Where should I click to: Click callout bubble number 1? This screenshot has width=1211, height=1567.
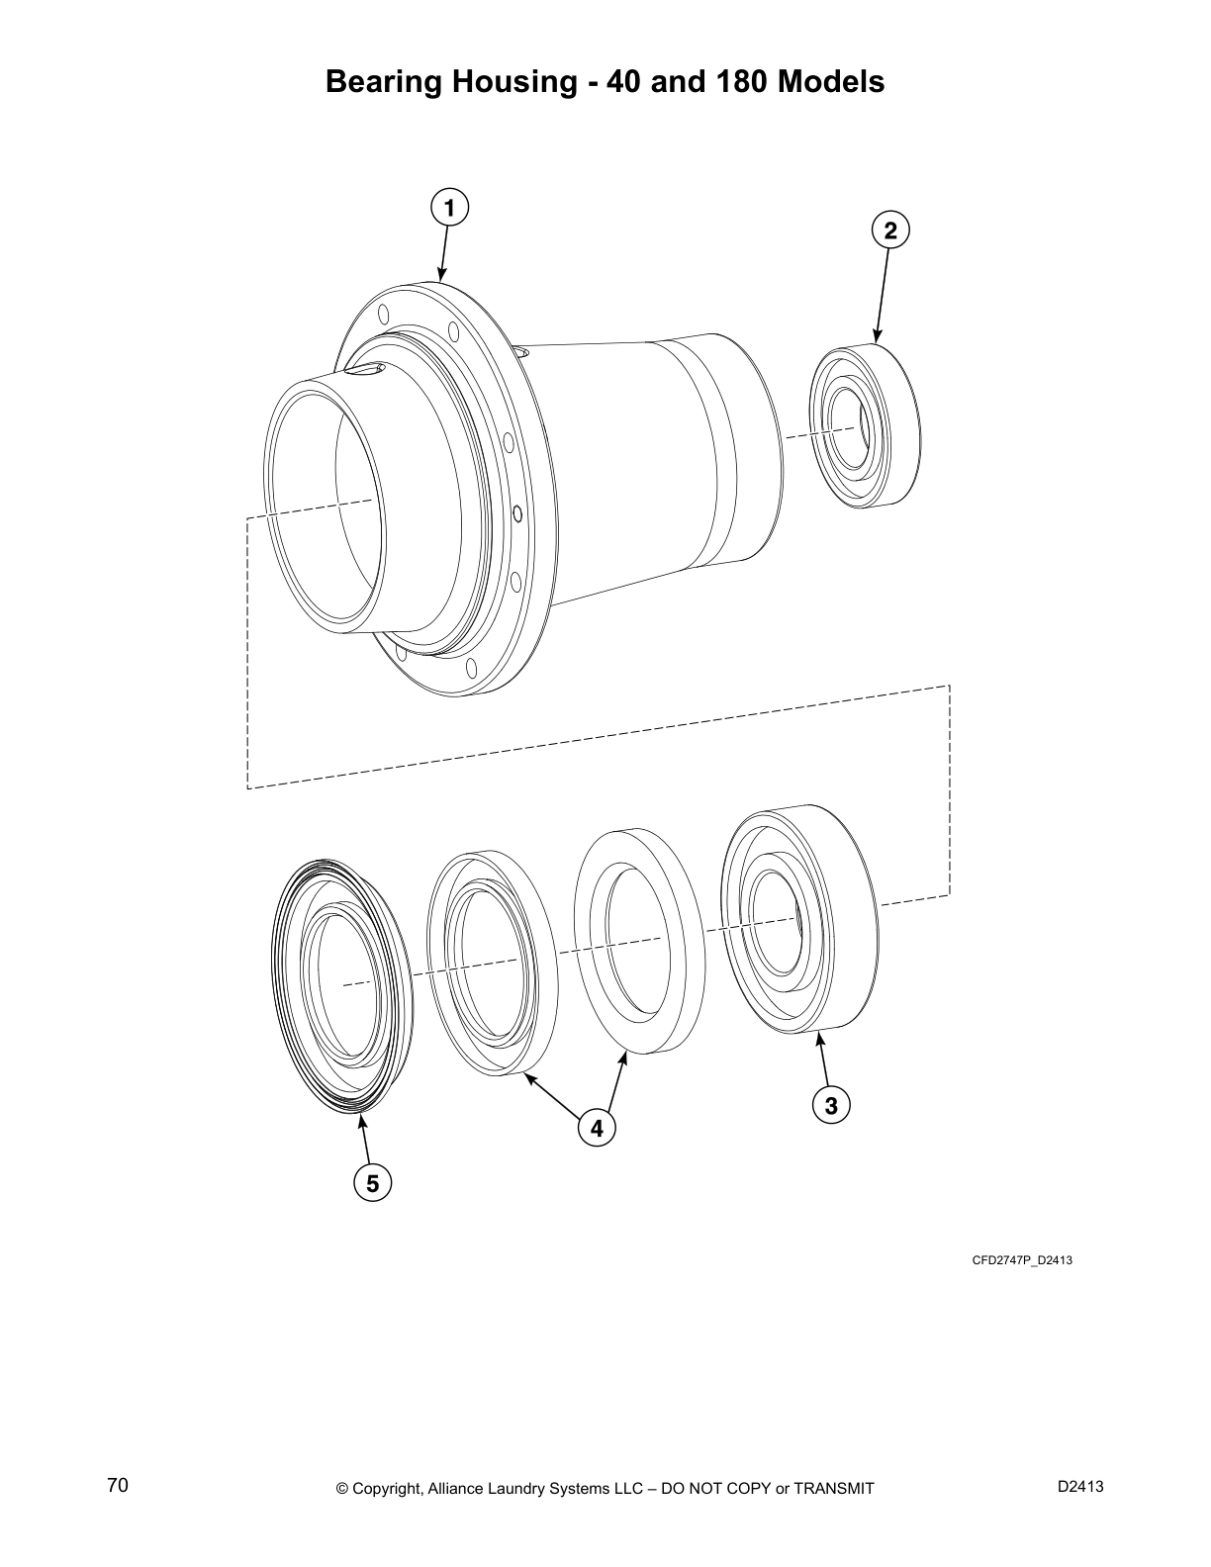tap(449, 208)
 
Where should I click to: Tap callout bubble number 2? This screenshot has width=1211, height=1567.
tap(890, 230)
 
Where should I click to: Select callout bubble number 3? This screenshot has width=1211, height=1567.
tap(831, 1105)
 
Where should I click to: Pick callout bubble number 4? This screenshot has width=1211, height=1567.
tap(596, 1128)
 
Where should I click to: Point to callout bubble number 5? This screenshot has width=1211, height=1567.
tap(372, 1183)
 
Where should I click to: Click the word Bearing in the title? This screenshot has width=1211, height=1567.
tap(384, 81)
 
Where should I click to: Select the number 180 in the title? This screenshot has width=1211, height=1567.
tap(739, 81)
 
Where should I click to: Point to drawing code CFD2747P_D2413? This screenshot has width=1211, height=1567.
tap(1022, 1260)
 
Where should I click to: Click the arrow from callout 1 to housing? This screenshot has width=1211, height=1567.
tap(444, 251)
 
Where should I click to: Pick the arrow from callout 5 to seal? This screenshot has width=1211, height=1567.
tap(366, 1141)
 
